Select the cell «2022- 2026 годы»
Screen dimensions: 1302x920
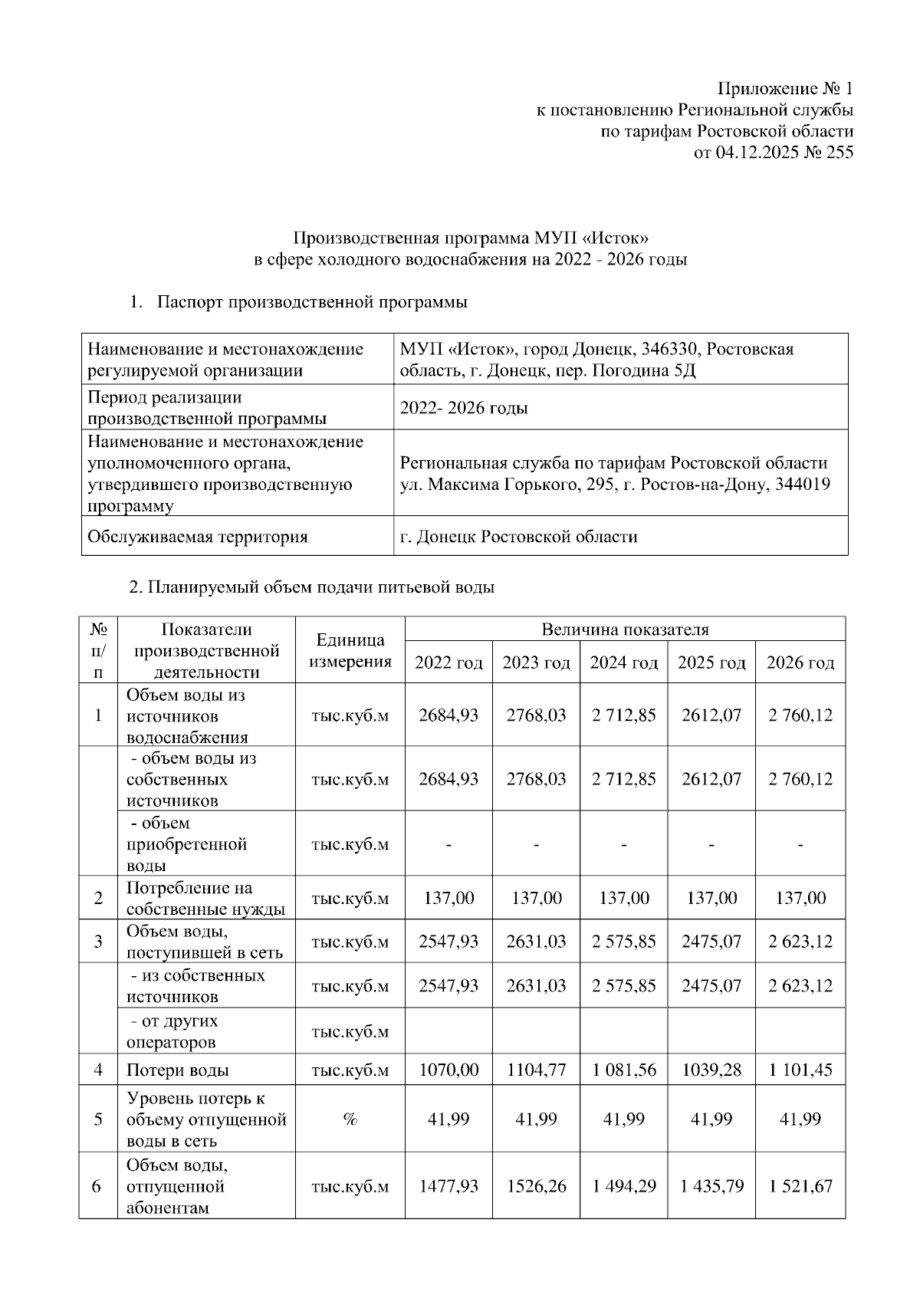pos(464,408)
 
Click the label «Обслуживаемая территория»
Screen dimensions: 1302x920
pos(198,537)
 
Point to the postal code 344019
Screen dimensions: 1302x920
pos(803,485)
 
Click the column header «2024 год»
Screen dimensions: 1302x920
pos(623,663)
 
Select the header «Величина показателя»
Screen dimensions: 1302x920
pos(625,630)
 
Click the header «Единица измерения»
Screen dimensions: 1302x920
pos(350,651)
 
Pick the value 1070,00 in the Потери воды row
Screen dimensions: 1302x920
pos(449,1070)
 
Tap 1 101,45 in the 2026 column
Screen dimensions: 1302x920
pos(800,1070)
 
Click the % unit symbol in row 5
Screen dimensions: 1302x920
pos(350,1120)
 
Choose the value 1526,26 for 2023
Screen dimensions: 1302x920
pos(536,1186)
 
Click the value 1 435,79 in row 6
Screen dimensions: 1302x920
pos(711,1186)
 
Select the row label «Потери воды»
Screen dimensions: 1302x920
pos(178,1070)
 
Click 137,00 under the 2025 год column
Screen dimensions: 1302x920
pos(711,898)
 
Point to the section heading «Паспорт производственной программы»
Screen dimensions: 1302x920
pos(312,302)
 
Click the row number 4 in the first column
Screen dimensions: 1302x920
pos(98,1070)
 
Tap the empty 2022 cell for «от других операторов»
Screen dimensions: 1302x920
pos(449,1031)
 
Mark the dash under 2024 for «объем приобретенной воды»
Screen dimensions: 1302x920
pos(623,845)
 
